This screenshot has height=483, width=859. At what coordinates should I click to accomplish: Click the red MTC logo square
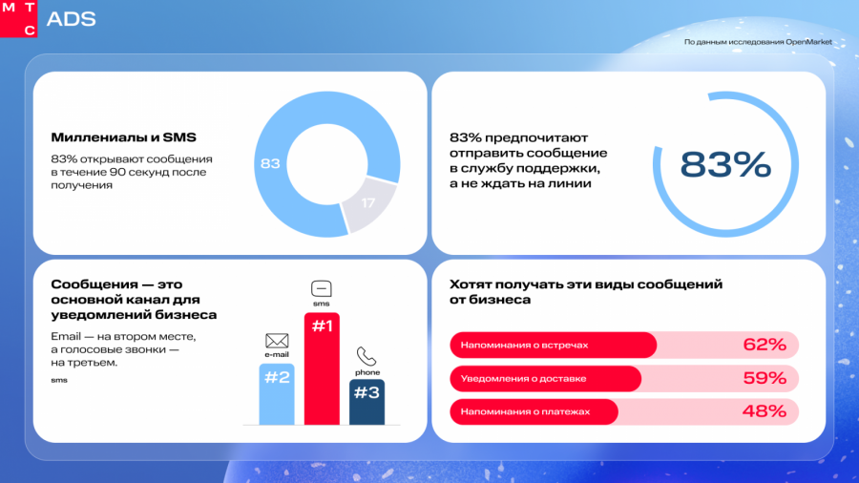coord(18,19)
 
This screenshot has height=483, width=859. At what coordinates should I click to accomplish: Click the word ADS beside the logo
coord(72,19)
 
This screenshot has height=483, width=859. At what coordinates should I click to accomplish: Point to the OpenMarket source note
coord(758,42)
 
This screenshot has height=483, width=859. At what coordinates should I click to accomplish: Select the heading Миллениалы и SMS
coord(123,137)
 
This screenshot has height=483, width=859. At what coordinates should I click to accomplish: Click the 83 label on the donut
coord(270,164)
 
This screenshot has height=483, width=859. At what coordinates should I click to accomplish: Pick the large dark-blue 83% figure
coord(725,165)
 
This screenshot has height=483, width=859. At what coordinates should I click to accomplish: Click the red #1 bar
coord(322,368)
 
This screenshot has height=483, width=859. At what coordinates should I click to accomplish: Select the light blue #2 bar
coord(277,394)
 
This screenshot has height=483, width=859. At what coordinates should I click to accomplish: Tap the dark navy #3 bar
coord(367,402)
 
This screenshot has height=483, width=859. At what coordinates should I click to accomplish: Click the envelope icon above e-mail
coord(277,341)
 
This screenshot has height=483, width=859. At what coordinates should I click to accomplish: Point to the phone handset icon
coord(367,356)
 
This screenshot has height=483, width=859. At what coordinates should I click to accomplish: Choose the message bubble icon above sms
coord(322,288)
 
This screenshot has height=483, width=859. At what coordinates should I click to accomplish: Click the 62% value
coord(765,345)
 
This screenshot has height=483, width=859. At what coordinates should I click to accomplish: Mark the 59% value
coord(765,378)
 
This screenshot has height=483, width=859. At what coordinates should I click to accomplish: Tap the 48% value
coord(765,411)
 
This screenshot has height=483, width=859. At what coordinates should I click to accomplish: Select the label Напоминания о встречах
coord(524,345)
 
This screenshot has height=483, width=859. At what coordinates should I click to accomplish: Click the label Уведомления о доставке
coord(523,378)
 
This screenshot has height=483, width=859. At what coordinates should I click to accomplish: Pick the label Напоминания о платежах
coord(525,411)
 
